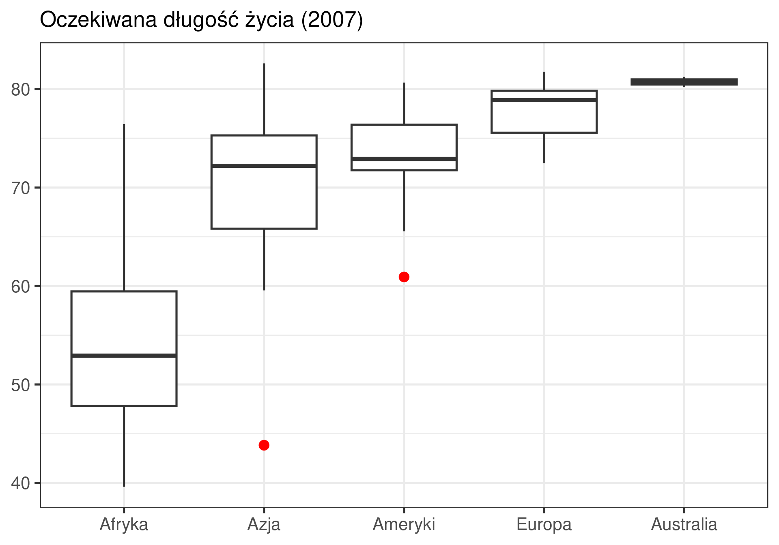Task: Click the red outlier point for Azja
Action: pos(264,445)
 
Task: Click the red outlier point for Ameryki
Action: pos(404,277)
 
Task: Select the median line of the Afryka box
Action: pos(124,356)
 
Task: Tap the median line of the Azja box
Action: pos(264,165)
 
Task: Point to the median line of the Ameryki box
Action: pos(404,159)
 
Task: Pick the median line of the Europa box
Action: pos(544,100)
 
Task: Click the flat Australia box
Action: pos(684,82)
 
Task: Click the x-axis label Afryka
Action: pos(124,524)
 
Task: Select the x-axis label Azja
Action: pos(264,524)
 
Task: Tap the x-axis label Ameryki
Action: pos(404,524)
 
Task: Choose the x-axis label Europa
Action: pos(544,524)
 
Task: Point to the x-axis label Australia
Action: pos(684,524)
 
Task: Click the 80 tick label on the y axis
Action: pos(21,90)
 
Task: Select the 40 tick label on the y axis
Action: pos(21,483)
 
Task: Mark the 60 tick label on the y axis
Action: pos(21,287)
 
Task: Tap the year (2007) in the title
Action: pos(332,20)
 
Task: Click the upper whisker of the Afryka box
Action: pos(124,207)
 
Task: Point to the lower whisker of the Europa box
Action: pos(544,148)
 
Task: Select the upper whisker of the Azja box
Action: pos(264,99)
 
